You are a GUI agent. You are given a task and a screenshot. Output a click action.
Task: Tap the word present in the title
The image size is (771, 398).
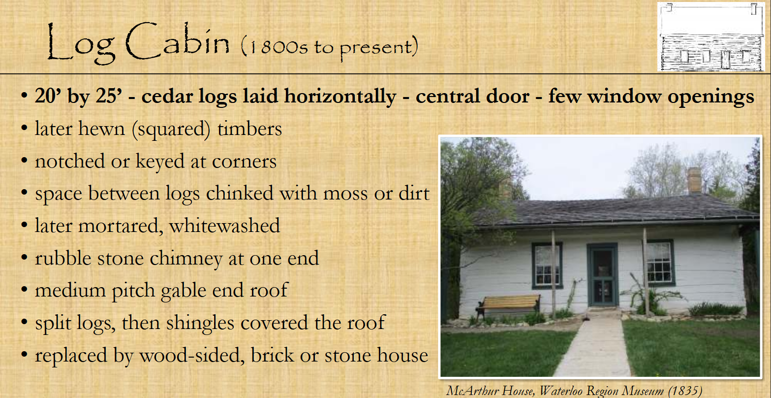tap(376, 49)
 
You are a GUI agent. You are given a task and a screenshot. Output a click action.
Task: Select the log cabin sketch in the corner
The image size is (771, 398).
tap(711, 37)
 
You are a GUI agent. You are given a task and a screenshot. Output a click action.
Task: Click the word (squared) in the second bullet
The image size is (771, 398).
tap(171, 129)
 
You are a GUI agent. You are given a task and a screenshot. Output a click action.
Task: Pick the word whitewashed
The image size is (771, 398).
tap(224, 226)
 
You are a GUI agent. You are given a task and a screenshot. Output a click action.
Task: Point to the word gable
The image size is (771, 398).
tap(183, 291)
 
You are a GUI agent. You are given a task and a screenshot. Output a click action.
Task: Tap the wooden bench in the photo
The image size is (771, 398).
tap(508, 305)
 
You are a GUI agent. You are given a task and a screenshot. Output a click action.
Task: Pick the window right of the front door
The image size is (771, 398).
tap(659, 263)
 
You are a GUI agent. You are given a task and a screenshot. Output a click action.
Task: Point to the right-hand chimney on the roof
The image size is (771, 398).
tap(694, 180)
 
